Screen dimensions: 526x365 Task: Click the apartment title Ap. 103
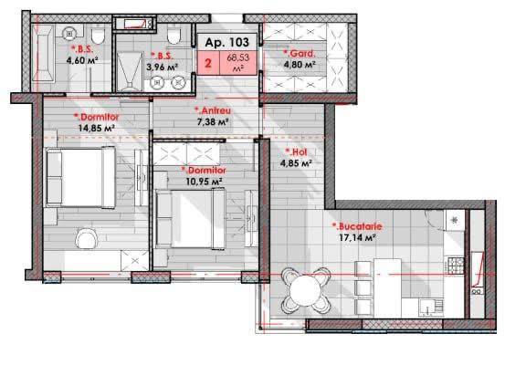click(x=227, y=42)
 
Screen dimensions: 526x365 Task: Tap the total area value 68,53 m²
click(x=238, y=62)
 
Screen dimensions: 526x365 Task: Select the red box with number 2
click(x=208, y=63)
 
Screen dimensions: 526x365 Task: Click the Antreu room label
click(x=213, y=109)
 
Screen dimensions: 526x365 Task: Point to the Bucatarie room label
click(x=357, y=226)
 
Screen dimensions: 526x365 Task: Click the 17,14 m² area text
click(x=357, y=237)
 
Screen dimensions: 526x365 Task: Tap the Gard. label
click(x=300, y=53)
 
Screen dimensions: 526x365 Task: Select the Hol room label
click(x=296, y=151)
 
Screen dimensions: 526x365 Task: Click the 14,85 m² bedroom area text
click(x=97, y=128)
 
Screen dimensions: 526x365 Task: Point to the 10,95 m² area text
click(x=205, y=182)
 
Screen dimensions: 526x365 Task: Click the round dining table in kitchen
click(x=306, y=290)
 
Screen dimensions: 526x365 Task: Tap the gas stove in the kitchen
click(x=455, y=266)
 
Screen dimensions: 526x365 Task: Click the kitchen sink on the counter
click(x=430, y=308)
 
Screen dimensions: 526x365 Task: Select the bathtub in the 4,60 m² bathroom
click(x=43, y=53)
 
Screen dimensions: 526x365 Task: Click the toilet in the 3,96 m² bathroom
click(x=174, y=36)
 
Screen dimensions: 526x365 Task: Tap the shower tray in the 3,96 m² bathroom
click(x=130, y=71)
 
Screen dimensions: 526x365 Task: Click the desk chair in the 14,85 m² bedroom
click(x=87, y=239)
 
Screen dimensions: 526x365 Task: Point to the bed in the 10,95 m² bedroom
click(x=190, y=219)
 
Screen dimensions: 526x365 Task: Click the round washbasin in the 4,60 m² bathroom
click(x=69, y=34)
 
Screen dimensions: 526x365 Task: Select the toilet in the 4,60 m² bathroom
click(x=98, y=36)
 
